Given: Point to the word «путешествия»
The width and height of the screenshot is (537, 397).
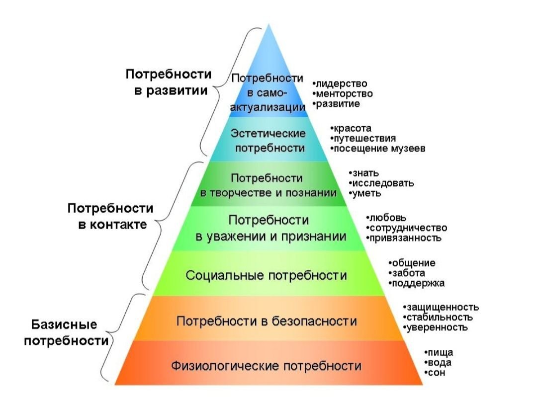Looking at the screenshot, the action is coord(365,139).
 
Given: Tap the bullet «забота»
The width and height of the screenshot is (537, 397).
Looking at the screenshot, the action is coord(407,273).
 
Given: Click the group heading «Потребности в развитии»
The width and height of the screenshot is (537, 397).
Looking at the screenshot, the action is coord(168,82).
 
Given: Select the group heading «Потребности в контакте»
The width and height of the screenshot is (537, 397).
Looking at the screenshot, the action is coord(110,216).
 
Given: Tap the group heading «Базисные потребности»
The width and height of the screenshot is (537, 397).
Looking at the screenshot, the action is coord(66,333).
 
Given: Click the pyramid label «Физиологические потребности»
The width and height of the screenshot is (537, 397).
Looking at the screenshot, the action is coord(266,366).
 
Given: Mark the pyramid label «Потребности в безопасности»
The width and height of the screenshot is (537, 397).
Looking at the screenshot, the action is coord(267,321).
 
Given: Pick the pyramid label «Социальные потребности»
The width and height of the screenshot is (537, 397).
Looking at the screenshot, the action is coord(266,275).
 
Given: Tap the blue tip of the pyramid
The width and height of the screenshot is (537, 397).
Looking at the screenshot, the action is coord(268,25).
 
